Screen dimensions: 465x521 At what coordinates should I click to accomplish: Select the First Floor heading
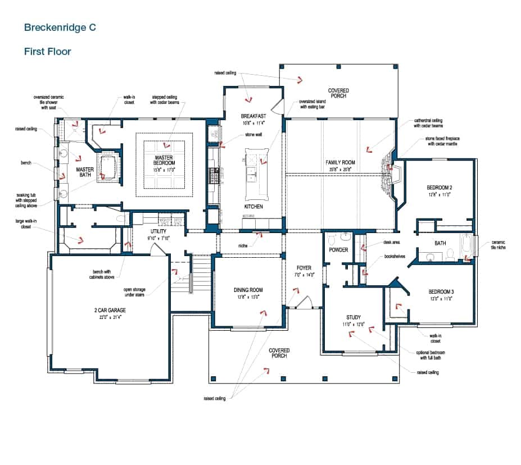(x=47, y=52)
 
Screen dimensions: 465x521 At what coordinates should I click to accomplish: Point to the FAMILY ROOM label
(x=341, y=162)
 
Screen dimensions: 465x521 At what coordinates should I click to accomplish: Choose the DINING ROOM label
(x=248, y=290)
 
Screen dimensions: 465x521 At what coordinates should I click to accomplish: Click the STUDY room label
(x=354, y=317)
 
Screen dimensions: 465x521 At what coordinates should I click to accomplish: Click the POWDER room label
(x=338, y=250)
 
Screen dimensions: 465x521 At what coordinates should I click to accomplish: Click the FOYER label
(x=303, y=268)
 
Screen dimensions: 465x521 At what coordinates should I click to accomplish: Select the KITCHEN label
(x=253, y=207)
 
